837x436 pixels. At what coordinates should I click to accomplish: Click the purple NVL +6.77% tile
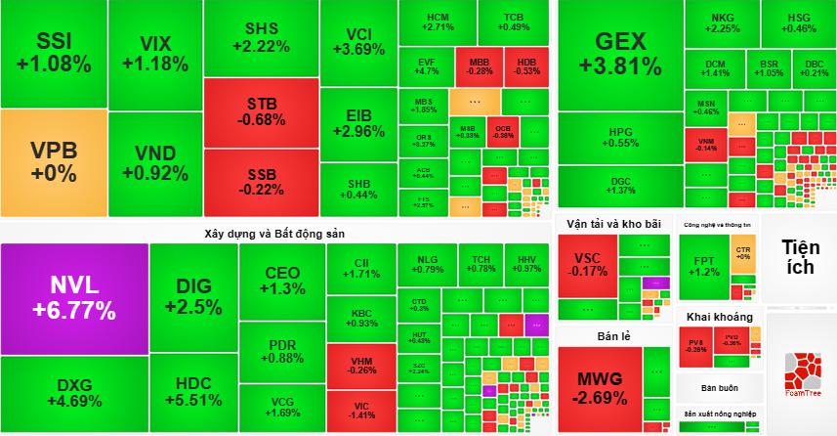click(74, 297)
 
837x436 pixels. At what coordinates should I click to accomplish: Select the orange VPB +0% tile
click(53, 162)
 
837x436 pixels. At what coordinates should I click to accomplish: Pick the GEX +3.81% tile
click(619, 54)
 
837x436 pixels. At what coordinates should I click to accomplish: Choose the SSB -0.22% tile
click(261, 182)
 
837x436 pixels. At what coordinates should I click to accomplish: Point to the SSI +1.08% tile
click(53, 53)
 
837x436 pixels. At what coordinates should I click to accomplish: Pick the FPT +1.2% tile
click(703, 266)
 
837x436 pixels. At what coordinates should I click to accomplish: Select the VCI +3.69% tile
click(358, 41)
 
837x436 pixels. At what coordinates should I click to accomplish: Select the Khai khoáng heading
click(719, 317)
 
